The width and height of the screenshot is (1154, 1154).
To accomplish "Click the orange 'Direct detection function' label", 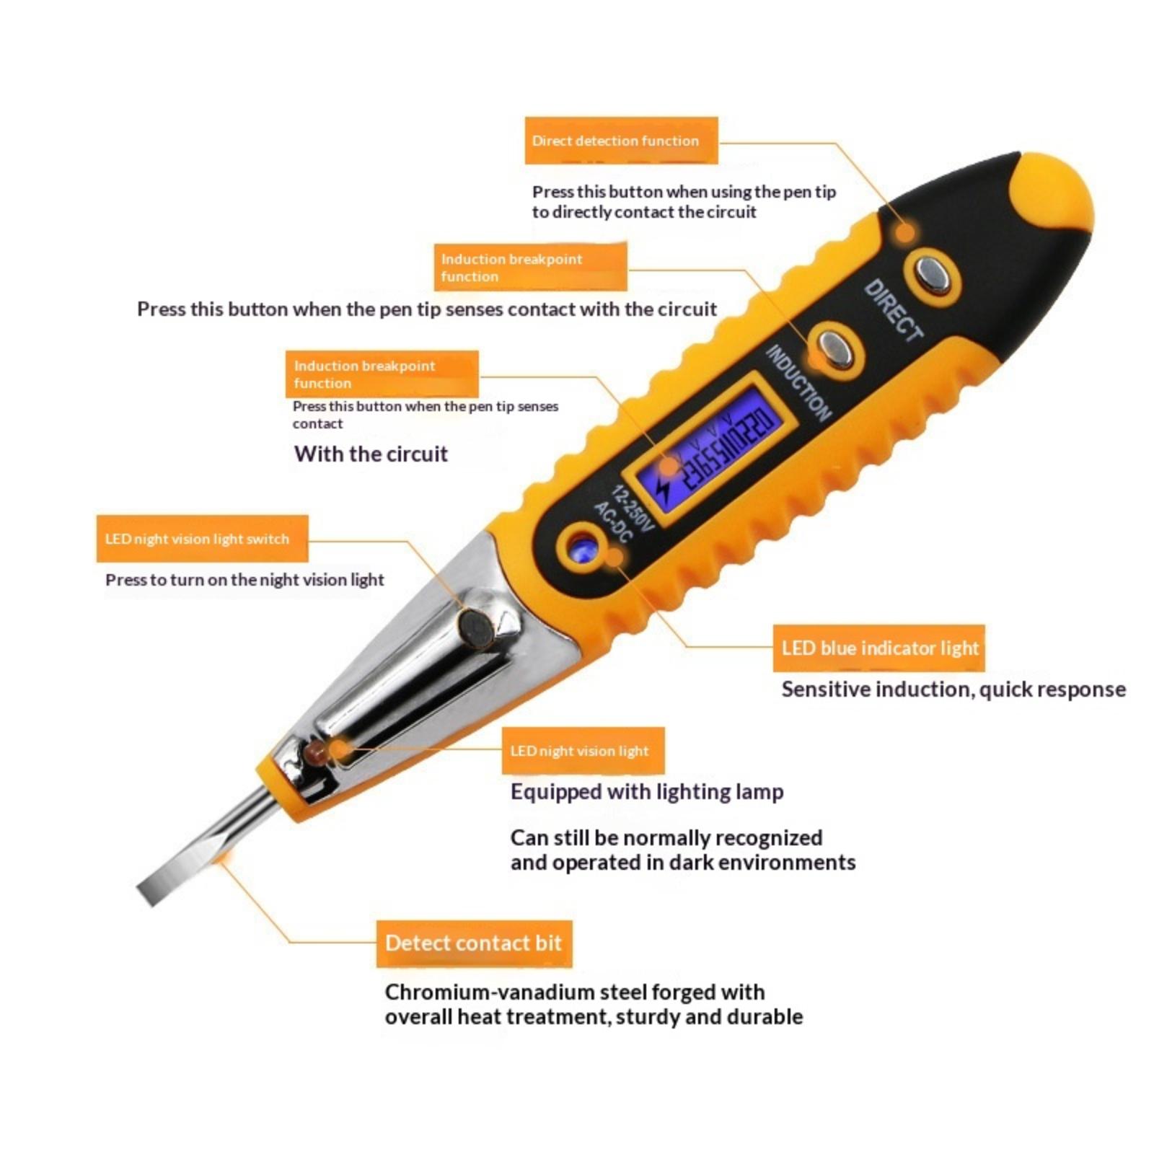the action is click(x=621, y=140).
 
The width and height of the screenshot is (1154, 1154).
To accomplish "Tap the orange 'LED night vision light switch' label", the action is click(x=202, y=539).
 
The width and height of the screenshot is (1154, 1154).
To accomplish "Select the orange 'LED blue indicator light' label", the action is click(x=878, y=648).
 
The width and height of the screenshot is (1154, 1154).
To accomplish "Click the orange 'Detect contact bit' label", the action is click(x=474, y=943).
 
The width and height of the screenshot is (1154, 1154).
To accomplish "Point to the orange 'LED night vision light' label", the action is click(x=583, y=751).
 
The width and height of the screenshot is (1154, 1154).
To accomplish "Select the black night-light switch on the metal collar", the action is click(x=477, y=626).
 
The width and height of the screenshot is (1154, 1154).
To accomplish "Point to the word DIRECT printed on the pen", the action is click(x=893, y=310).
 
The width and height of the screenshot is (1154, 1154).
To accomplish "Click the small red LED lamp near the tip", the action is click(x=314, y=754).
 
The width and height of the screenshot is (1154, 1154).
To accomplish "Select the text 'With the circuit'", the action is click(x=371, y=454).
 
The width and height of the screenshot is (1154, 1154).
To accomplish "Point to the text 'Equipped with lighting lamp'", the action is click(x=647, y=792).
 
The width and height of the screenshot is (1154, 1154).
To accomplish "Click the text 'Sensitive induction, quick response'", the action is click(x=953, y=690).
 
